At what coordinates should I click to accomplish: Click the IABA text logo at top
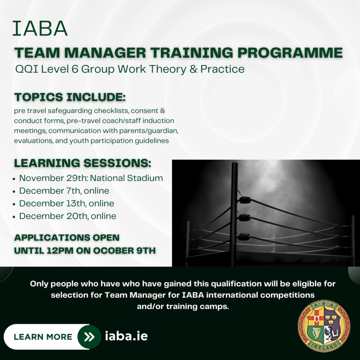[40, 28]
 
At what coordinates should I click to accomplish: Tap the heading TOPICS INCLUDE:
[70, 97]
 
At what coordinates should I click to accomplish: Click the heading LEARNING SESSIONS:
[83, 163]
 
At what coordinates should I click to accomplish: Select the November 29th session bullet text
[91, 178]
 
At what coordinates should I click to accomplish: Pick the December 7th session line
[64, 191]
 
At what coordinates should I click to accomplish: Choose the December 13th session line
[66, 204]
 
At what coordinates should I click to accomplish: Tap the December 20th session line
[68, 216]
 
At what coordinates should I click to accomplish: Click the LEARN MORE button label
[43, 337]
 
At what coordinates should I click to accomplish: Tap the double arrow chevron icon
[89, 337]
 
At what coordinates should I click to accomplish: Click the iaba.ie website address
[126, 336]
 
